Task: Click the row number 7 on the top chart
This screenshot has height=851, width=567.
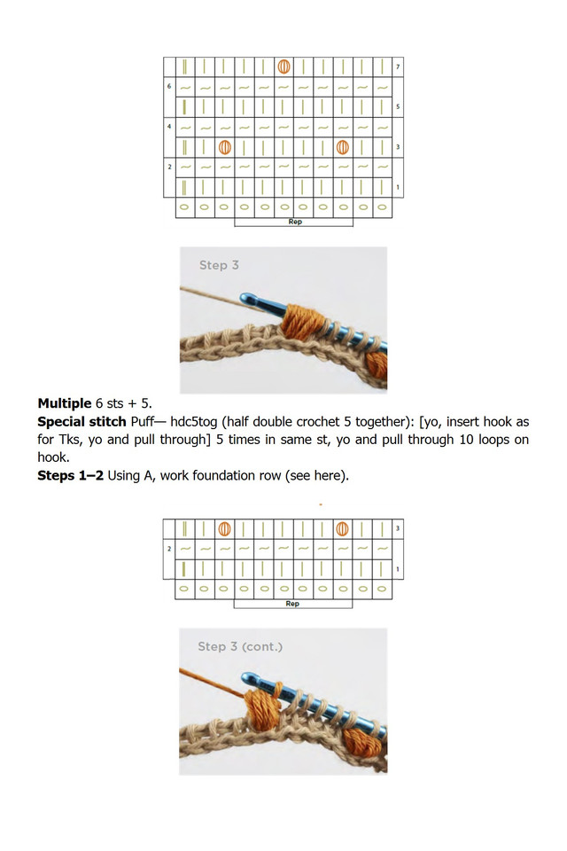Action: click(399, 67)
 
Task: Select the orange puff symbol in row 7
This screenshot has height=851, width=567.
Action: click(283, 66)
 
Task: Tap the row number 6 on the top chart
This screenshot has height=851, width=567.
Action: click(169, 87)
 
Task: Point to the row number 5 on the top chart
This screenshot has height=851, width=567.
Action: click(399, 107)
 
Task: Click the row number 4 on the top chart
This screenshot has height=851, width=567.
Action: click(169, 127)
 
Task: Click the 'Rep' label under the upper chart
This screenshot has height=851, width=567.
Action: click(294, 222)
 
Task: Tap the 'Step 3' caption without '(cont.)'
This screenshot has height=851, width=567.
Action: click(219, 265)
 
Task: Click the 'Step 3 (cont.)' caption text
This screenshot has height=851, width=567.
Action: click(239, 647)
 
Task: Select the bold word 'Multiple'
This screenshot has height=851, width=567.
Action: click(64, 403)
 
